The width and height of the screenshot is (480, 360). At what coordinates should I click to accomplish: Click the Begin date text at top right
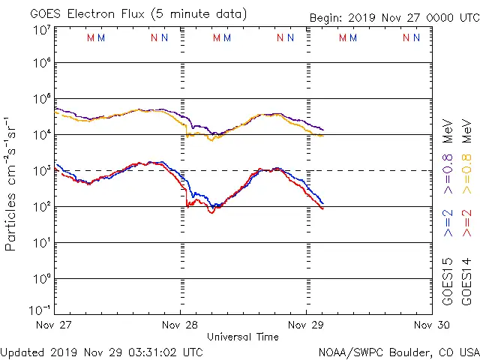[x=394, y=18]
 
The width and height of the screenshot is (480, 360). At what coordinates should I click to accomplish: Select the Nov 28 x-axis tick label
[x=181, y=325]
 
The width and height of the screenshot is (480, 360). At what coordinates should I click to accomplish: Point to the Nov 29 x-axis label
[x=306, y=325]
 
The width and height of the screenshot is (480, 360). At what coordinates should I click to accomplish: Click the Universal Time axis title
[x=243, y=337]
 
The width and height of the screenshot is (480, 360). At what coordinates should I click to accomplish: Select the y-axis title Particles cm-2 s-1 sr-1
[x=12, y=184]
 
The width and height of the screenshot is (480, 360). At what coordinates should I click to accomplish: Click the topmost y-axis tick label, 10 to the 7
[x=41, y=30]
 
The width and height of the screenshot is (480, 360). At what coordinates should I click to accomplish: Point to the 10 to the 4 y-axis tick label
[x=41, y=135]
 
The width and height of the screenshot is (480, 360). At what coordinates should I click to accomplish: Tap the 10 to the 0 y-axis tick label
[x=41, y=279]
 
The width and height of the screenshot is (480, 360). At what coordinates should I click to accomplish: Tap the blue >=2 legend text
[x=448, y=223]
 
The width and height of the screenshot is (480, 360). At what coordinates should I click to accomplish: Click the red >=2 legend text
[x=466, y=223]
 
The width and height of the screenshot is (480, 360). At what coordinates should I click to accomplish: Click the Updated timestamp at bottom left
[x=101, y=351]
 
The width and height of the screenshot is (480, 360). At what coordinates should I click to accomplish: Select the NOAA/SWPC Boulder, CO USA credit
[x=398, y=351]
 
